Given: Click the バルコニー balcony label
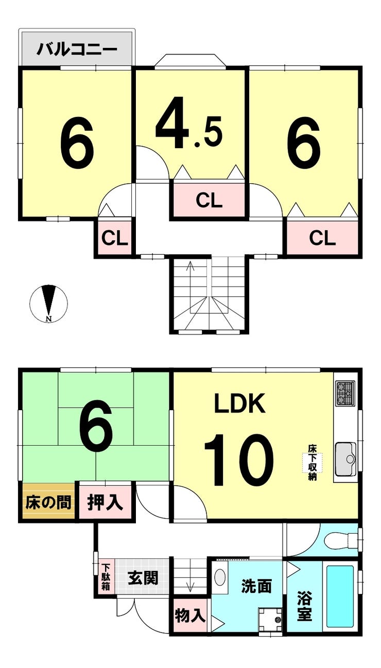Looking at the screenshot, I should [x=77, y=50].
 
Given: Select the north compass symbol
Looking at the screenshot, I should [x=49, y=303].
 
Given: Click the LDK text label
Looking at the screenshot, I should [x=239, y=404].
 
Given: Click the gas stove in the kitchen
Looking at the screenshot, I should [x=345, y=393].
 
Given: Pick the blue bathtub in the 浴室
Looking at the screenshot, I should [x=340, y=596].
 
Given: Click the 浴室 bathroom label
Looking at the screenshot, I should [x=304, y=606].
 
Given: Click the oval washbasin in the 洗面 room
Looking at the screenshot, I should [x=220, y=576].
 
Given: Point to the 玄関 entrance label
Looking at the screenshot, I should [x=143, y=578].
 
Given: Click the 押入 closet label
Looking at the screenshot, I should [x=105, y=502].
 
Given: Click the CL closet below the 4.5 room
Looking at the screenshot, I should [x=209, y=200].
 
